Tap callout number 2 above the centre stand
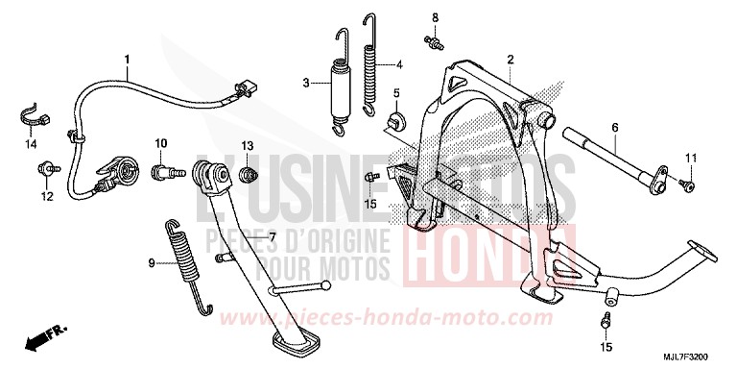pyautogui.click(x=511, y=59)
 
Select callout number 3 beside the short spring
pyautogui.click(x=306, y=84)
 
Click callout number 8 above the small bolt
pyautogui.click(x=435, y=17)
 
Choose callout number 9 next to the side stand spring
pyautogui.click(x=151, y=262)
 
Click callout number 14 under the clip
pyautogui.click(x=30, y=144)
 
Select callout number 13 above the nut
pyautogui.click(x=247, y=145)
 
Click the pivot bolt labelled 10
pyautogui.click(x=164, y=173)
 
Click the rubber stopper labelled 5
pyautogui.click(x=394, y=122)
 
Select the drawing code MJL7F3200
pyautogui.click(x=693, y=357)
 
